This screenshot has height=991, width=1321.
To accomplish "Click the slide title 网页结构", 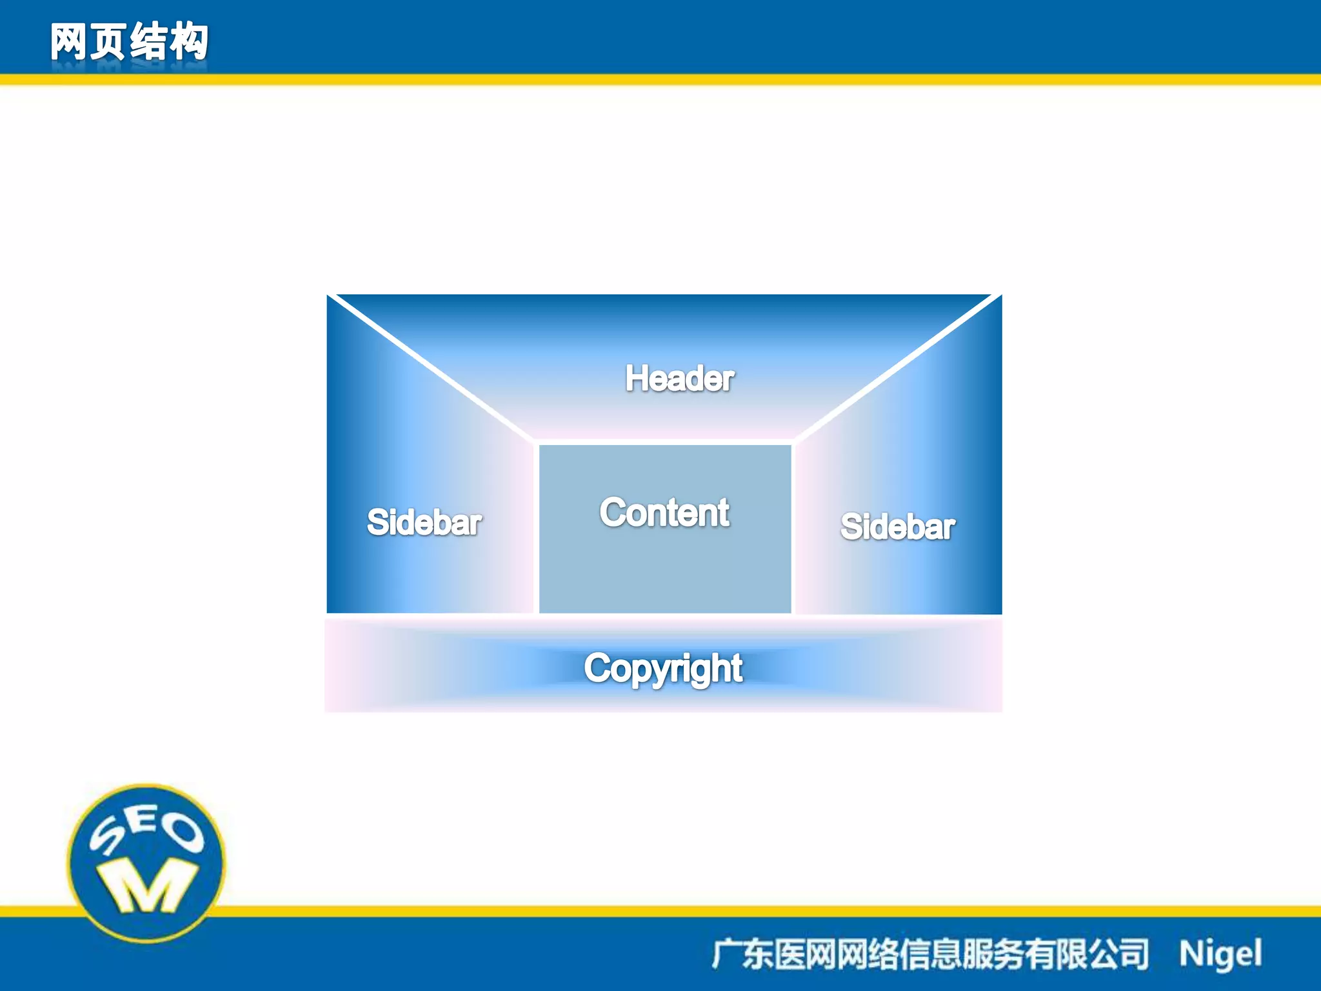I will pyautogui.click(x=129, y=42).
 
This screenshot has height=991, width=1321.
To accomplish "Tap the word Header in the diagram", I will pyautogui.click(x=679, y=378).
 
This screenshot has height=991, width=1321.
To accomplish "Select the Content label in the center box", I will pyautogui.click(x=664, y=513).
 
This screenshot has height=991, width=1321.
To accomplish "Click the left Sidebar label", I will pyautogui.click(x=424, y=522).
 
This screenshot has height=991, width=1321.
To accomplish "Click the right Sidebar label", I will pyautogui.click(x=897, y=526).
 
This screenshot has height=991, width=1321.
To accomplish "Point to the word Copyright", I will pyautogui.click(x=663, y=668).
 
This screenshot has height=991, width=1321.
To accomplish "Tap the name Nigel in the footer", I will pyautogui.click(x=1220, y=954).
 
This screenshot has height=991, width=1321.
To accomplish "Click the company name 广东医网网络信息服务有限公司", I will pyautogui.click(x=929, y=954).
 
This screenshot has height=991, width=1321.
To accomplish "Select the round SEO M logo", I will pyautogui.click(x=146, y=863).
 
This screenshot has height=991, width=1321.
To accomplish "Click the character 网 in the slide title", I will pyautogui.click(x=68, y=42).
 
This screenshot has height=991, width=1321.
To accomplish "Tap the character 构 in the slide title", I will pyautogui.click(x=188, y=42).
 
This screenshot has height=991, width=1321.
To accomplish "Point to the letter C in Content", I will pyautogui.click(x=613, y=512).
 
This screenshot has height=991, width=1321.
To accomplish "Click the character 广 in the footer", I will pyautogui.click(x=726, y=954).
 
